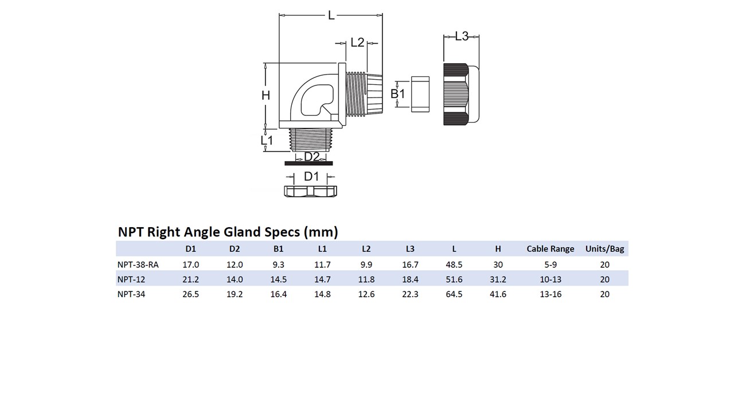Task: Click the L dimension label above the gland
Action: (x=331, y=15)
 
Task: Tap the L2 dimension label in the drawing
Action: (x=357, y=42)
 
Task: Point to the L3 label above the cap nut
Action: (x=462, y=36)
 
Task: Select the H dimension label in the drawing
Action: (x=266, y=95)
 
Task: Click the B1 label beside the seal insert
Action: (x=397, y=93)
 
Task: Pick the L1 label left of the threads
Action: (x=267, y=140)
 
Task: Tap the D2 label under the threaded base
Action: (x=311, y=157)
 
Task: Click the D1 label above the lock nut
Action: (x=311, y=176)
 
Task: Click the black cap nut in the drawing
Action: (x=456, y=94)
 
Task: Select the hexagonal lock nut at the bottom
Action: (x=310, y=191)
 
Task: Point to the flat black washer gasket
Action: (x=309, y=163)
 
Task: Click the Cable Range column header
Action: (x=550, y=249)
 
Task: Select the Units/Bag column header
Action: (x=605, y=249)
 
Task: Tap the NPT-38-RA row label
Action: (x=138, y=264)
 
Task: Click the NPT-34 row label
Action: (x=131, y=294)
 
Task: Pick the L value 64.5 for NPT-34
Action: (x=454, y=294)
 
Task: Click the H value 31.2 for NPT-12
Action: (x=498, y=279)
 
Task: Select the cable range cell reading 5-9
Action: (x=550, y=264)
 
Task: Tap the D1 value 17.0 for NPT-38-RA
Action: (x=190, y=264)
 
